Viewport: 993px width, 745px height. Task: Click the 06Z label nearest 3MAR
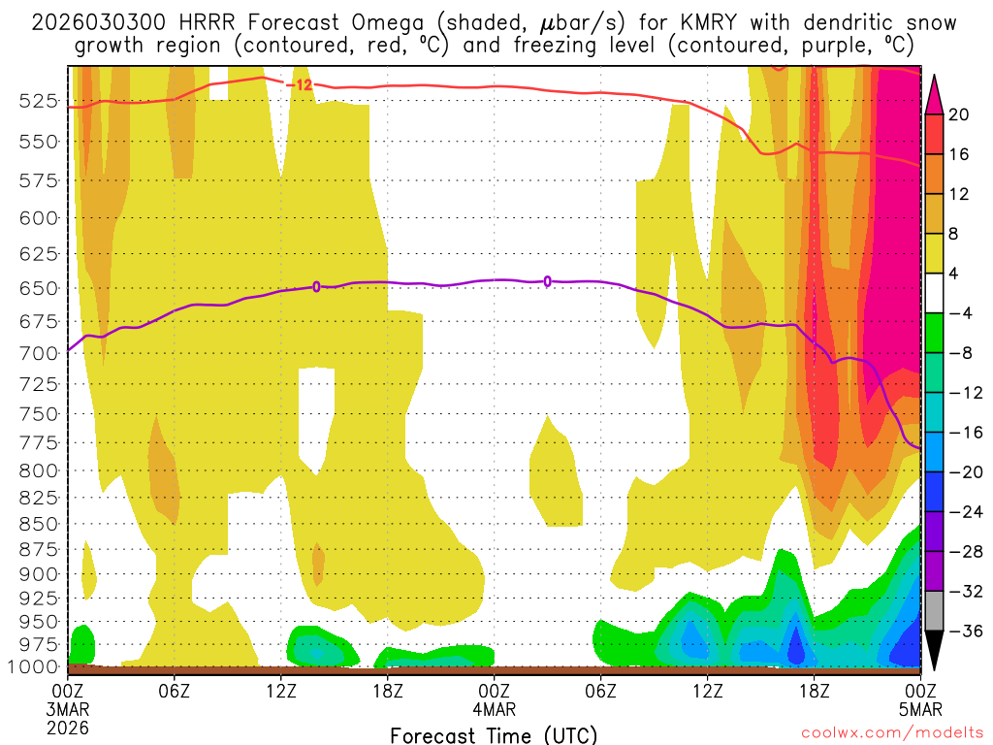pyautogui.click(x=174, y=692)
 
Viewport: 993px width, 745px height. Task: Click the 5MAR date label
pyautogui.click(x=919, y=708)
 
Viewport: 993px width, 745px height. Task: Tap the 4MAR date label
pyautogui.click(x=494, y=708)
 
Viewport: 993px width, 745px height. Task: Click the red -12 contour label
pyautogui.click(x=303, y=85)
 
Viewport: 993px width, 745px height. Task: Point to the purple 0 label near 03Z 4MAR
pyautogui.click(x=548, y=281)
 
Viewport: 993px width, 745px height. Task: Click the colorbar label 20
pyautogui.click(x=959, y=114)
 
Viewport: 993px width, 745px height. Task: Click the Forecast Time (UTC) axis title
pyautogui.click(x=494, y=734)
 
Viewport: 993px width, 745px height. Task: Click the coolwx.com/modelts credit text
pyautogui.click(x=890, y=735)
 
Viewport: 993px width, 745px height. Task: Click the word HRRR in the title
pyautogui.click(x=205, y=22)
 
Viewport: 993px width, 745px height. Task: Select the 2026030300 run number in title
pyautogui.click(x=93, y=22)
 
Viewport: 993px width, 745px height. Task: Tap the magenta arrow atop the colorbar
pyautogui.click(x=935, y=93)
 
